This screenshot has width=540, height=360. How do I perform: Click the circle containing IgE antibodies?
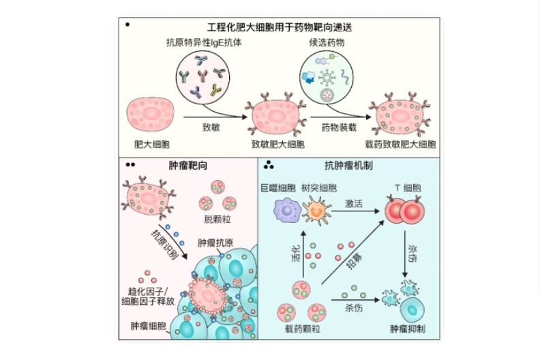pos(202,76)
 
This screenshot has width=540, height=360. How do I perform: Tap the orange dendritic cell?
pos(318,211)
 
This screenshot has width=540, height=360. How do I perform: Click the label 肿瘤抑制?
pos(408,329)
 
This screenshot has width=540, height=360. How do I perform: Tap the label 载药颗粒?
pos(302,329)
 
